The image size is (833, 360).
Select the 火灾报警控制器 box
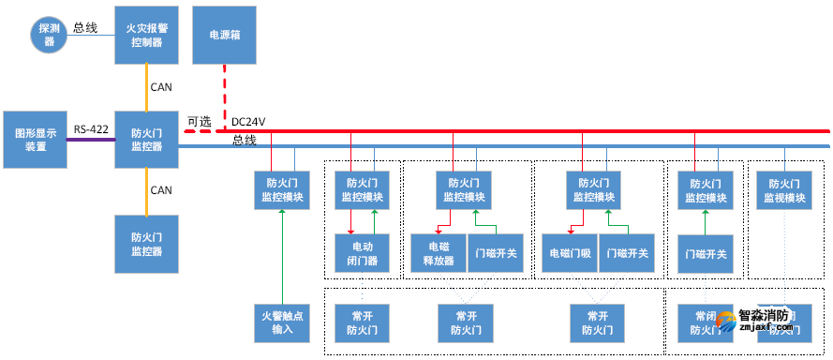pyautogui.click(x=145, y=35)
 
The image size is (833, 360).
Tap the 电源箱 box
pyautogui.click(x=223, y=35)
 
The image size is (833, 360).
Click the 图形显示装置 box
pyautogui.click(x=35, y=140)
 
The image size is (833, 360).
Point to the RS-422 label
pyautogui.click(x=91, y=130)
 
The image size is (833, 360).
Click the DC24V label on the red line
pyautogui.click(x=249, y=122)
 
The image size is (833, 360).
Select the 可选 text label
pyautogui.click(x=199, y=121)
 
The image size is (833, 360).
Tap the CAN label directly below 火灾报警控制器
pyautogui.click(x=160, y=87)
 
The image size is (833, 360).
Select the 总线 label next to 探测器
pyautogui.click(x=85, y=28)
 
